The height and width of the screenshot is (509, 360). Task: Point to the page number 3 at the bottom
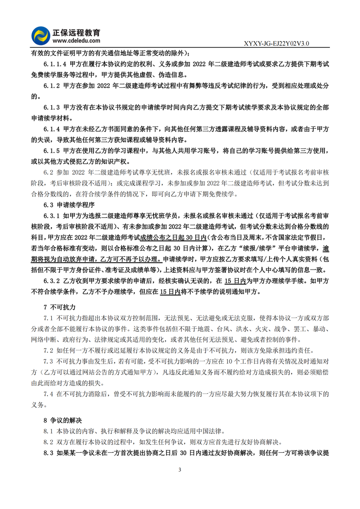click(180, 470)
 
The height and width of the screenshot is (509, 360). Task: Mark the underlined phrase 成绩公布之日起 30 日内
click(173, 237)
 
